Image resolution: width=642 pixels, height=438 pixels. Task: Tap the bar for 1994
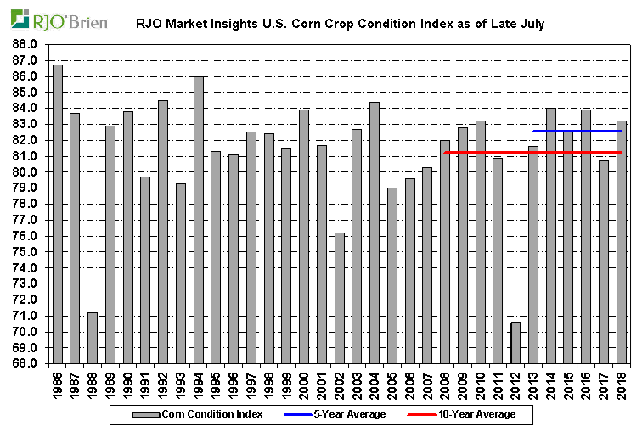198,220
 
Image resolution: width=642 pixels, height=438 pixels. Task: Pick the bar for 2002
339,298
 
